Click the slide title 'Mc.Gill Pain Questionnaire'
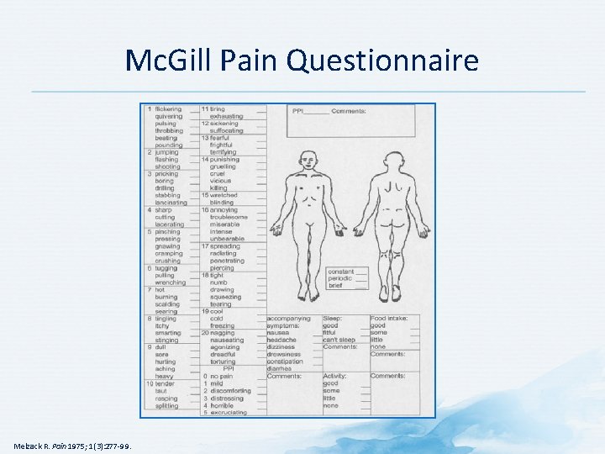click(x=302, y=61)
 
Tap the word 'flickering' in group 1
click(x=168, y=109)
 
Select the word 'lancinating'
click(x=171, y=203)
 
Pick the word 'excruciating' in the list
click(x=229, y=412)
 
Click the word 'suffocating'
click(x=226, y=131)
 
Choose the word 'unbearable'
click(x=225, y=239)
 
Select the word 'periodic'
click(x=341, y=279)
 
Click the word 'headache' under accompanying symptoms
click(x=282, y=340)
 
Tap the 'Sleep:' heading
click(x=334, y=319)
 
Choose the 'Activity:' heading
click(x=336, y=376)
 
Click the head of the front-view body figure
click(x=308, y=159)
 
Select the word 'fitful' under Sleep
click(x=330, y=333)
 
